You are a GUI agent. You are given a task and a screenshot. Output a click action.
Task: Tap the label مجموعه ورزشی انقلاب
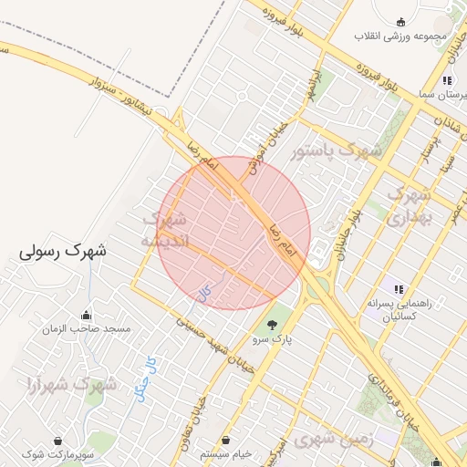400,36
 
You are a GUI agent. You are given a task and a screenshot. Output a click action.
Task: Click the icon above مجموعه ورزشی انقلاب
400,22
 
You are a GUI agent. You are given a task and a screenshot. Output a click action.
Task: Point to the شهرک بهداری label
408,205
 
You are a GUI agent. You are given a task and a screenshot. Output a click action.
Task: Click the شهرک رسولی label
63,251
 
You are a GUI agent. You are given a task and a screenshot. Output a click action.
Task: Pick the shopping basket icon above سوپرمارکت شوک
58,441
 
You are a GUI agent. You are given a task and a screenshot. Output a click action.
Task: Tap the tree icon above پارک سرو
272,325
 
